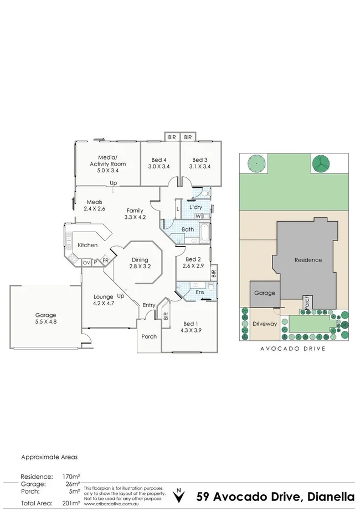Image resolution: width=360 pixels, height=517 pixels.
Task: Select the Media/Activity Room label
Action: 108,160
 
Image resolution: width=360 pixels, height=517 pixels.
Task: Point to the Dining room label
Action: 140,260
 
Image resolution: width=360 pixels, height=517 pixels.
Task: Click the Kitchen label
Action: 88,245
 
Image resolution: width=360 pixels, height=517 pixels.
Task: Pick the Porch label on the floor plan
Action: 149,336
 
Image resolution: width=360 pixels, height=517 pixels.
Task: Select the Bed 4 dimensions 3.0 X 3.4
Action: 159,166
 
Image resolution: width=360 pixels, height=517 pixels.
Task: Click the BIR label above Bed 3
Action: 188,137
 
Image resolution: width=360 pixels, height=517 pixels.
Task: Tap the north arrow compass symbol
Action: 178,495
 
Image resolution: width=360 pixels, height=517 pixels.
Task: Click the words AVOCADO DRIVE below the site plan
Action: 292,349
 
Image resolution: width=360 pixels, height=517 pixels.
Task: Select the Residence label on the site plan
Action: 308,260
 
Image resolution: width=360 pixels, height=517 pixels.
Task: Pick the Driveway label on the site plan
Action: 264,324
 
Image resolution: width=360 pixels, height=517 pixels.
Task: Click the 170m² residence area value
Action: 73,477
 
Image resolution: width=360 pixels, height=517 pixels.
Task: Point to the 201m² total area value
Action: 73,503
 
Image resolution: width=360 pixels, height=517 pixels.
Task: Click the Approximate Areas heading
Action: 49,457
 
